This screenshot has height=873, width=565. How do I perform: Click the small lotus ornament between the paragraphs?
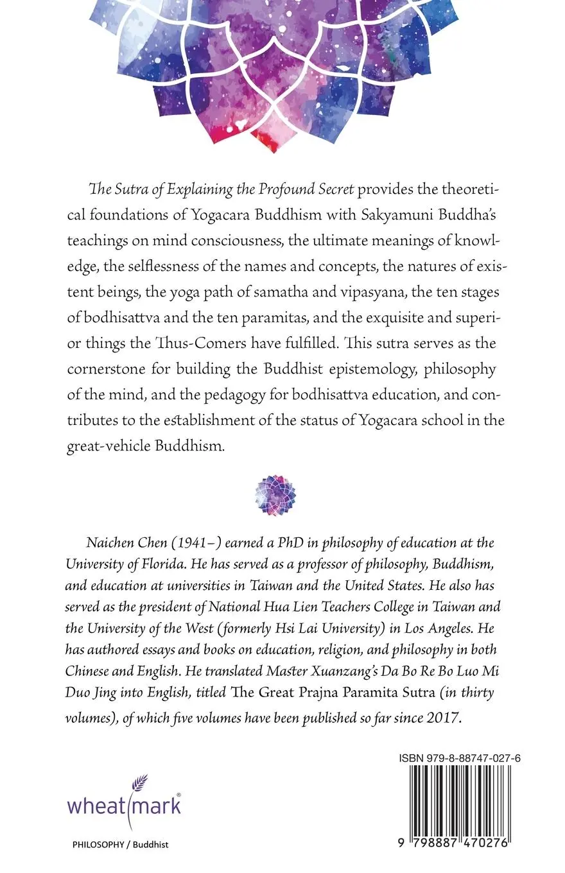[x=275, y=496]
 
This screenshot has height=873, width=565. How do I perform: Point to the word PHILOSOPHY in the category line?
[x=98, y=845]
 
